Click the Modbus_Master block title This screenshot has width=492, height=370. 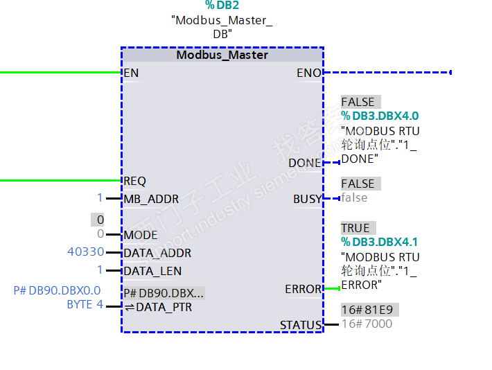(222, 55)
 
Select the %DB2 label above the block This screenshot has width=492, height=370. (221, 6)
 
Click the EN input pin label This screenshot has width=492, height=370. (130, 73)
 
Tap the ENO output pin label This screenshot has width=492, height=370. (309, 73)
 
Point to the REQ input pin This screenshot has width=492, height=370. (134, 181)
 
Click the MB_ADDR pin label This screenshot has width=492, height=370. (150, 199)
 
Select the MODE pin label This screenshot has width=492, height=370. (141, 235)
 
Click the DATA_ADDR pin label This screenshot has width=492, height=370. (157, 253)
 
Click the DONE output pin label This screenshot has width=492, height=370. (305, 163)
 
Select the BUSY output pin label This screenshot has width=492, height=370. (308, 199)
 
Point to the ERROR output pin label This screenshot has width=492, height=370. (304, 289)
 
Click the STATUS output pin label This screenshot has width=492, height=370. (301, 325)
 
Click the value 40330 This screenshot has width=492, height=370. (86, 252)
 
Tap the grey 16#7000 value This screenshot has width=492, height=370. (367, 324)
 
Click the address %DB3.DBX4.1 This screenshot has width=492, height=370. (380, 242)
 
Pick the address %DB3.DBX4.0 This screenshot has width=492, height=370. (380, 116)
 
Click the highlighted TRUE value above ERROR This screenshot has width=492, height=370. (355, 228)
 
